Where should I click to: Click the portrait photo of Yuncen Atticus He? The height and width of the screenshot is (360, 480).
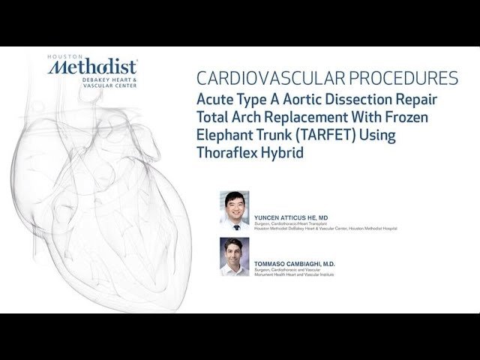point(234,210)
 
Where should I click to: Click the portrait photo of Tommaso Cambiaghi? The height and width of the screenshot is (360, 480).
point(234,256)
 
